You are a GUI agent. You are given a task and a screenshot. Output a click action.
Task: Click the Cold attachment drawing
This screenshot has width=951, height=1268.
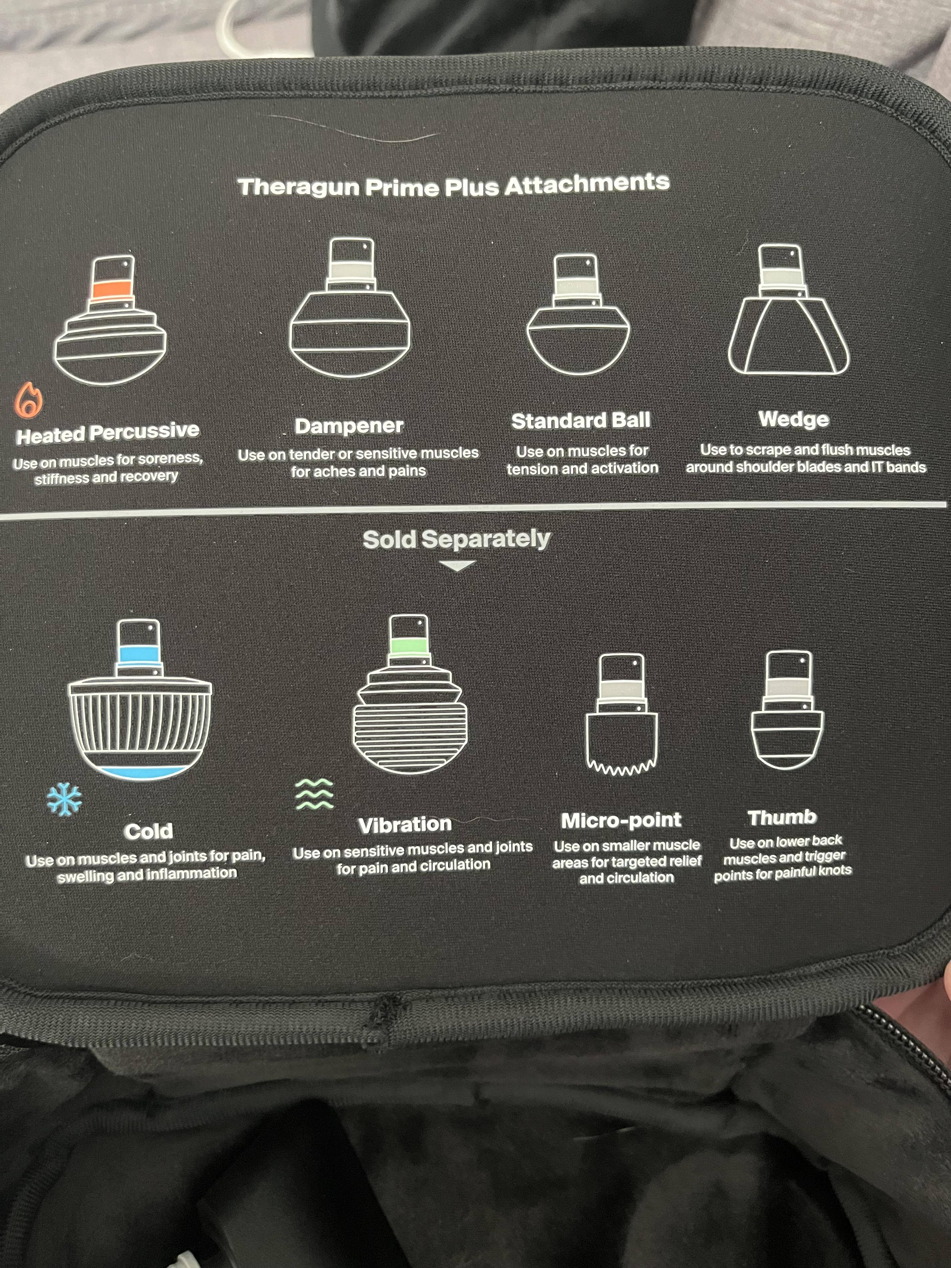click(140, 699)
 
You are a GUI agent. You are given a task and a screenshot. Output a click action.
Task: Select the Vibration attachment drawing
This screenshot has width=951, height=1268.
click(409, 694)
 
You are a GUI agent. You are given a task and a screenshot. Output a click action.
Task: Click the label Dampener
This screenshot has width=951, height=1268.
click(349, 426)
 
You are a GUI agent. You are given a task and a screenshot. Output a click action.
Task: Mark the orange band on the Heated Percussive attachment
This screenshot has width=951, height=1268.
click(112, 290)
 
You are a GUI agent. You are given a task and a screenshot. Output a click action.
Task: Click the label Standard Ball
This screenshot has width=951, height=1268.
click(581, 421)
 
